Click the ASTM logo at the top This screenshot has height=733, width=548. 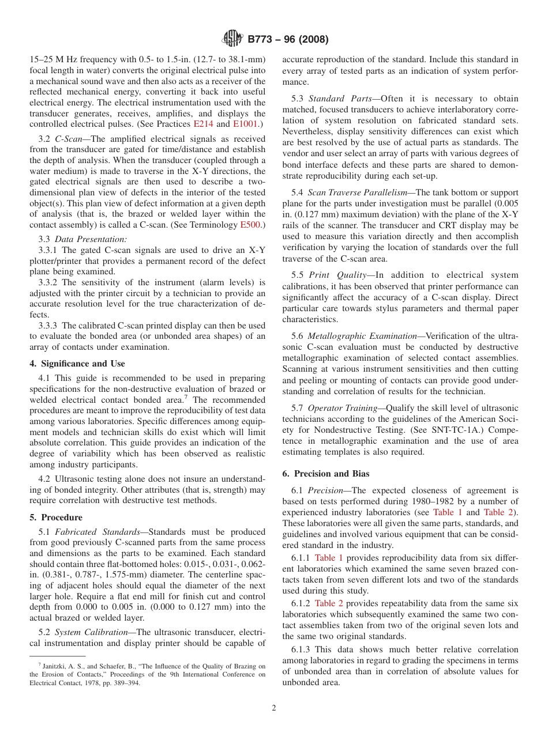(x=232, y=39)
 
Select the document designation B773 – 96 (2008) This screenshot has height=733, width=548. (x=288, y=40)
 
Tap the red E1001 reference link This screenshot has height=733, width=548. (x=246, y=124)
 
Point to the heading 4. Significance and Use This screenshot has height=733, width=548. (x=77, y=364)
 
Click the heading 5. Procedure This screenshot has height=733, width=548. (x=56, y=517)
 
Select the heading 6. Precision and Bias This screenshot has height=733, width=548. (x=326, y=474)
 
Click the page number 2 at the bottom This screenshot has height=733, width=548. (x=274, y=708)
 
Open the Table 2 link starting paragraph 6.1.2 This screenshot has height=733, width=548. (x=329, y=603)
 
